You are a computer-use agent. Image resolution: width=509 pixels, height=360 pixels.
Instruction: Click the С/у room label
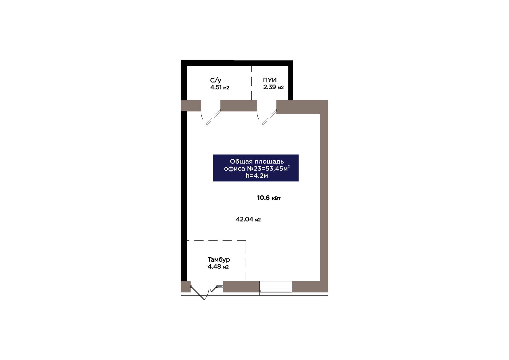[x=216, y=80]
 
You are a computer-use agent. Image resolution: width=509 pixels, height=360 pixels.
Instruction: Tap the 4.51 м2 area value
[x=220, y=87]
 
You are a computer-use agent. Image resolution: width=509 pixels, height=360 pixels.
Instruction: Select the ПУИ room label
[x=270, y=80]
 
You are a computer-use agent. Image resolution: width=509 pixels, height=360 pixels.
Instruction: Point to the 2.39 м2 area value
[x=273, y=87]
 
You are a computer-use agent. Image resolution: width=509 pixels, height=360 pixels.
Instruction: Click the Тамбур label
[x=219, y=259]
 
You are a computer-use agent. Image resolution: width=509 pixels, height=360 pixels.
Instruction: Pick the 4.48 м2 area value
[x=218, y=266]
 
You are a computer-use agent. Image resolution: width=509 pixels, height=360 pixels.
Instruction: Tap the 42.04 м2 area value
[x=248, y=219]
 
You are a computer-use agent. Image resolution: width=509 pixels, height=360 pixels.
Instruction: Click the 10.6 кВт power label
[x=269, y=198]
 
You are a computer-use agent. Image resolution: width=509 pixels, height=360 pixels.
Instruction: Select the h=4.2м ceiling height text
[x=257, y=176]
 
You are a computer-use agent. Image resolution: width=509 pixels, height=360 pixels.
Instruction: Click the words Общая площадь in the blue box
[x=257, y=161]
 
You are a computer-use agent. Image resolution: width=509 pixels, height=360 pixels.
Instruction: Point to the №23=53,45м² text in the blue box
[x=268, y=168]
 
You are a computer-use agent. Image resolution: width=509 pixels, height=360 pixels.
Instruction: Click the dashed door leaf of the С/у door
[x=213, y=117]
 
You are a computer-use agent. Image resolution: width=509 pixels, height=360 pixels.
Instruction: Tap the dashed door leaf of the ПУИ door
[x=269, y=117]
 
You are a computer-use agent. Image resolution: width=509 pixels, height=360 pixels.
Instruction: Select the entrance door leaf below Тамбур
[x=197, y=293]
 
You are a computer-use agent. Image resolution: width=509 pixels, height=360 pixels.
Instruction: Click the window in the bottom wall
[x=275, y=288]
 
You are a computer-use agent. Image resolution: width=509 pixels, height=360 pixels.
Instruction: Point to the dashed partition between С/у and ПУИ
[x=251, y=83]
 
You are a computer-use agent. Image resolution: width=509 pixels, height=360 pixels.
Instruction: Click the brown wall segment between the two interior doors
[x=239, y=106]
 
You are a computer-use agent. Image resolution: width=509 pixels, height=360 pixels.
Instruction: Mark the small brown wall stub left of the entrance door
[x=185, y=286]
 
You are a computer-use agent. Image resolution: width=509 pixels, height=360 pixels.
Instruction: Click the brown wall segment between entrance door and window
[x=241, y=286]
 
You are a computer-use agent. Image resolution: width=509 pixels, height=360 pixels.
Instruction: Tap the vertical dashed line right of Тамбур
[x=246, y=261]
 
